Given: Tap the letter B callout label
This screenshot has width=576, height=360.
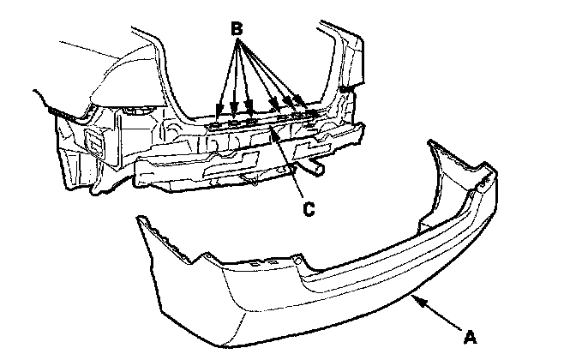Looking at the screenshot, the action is click(x=237, y=29).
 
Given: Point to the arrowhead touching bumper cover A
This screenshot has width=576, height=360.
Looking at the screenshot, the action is click(x=416, y=297).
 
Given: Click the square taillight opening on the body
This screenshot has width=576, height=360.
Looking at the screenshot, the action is click(x=93, y=141).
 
